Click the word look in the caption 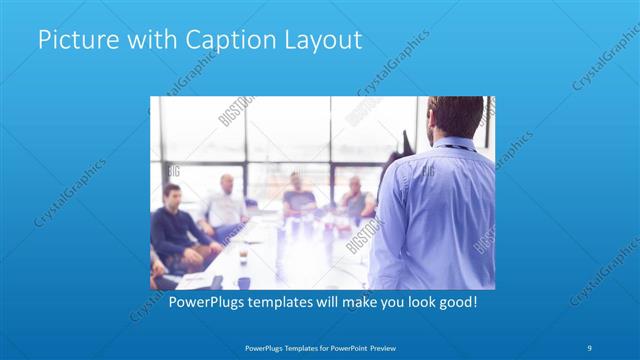coord(411,300)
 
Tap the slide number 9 coord(590,347)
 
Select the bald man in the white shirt coord(225,205)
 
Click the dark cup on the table coord(243,258)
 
